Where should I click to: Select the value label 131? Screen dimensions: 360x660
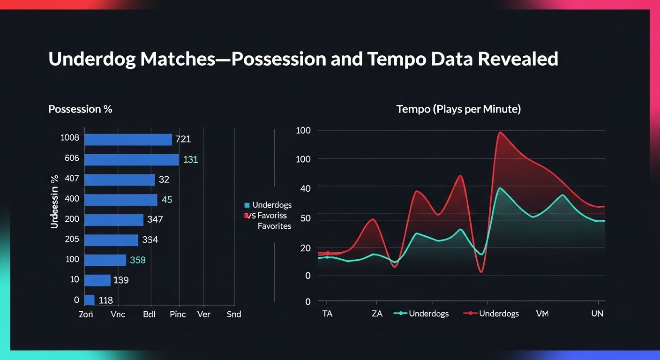(190, 159)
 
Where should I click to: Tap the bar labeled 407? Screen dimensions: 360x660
(120, 180)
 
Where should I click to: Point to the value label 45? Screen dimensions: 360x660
(167, 200)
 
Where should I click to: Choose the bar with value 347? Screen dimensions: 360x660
(114, 220)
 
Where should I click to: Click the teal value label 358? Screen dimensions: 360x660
(138, 260)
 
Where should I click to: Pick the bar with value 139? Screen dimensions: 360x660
(97, 280)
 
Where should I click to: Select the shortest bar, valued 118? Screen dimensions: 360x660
(90, 300)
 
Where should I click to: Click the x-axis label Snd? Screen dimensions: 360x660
(233, 314)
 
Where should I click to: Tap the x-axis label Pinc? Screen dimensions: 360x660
(178, 314)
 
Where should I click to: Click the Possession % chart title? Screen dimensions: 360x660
(80, 109)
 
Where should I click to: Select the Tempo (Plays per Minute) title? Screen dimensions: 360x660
(458, 109)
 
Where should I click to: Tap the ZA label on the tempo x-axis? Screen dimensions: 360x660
(377, 314)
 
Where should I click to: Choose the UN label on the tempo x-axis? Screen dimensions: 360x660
(597, 314)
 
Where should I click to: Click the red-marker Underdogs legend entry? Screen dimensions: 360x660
(492, 314)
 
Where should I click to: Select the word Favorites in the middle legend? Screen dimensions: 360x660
(274, 226)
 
